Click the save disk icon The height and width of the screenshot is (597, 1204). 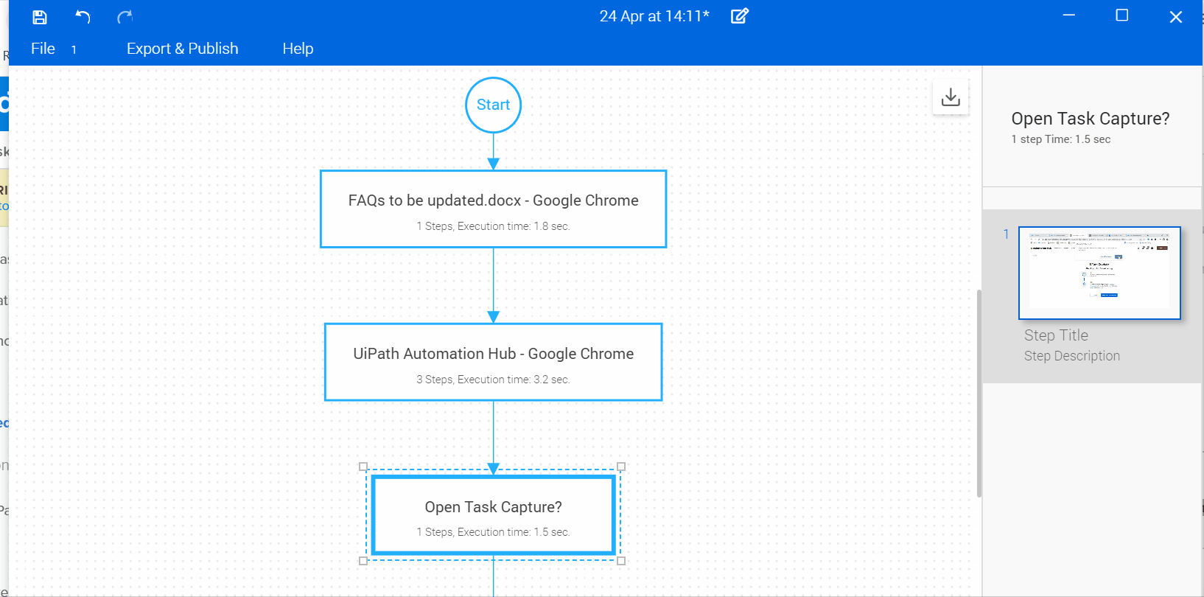(40, 17)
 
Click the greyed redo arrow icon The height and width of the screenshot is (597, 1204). (125, 17)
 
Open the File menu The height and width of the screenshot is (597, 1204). (43, 49)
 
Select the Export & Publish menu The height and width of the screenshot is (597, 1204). (182, 49)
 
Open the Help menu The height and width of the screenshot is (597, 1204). (298, 49)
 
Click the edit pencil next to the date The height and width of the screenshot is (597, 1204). (739, 16)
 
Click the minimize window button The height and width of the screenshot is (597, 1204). (1068, 15)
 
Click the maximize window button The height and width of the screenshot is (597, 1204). (1121, 15)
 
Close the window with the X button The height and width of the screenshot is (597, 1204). (1175, 17)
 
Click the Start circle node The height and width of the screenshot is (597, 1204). (493, 105)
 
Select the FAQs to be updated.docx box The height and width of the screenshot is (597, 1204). (493, 209)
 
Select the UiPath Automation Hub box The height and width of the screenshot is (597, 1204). (493, 362)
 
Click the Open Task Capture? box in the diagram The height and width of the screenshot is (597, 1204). (493, 515)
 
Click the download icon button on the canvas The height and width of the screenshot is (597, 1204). (951, 97)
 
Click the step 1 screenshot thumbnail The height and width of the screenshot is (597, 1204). (1099, 273)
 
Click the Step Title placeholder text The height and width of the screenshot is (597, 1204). (1055, 335)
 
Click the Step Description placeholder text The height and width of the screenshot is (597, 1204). (1071, 356)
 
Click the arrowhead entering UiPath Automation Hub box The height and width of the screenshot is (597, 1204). (493, 317)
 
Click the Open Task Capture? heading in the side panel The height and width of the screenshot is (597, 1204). (1090, 119)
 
